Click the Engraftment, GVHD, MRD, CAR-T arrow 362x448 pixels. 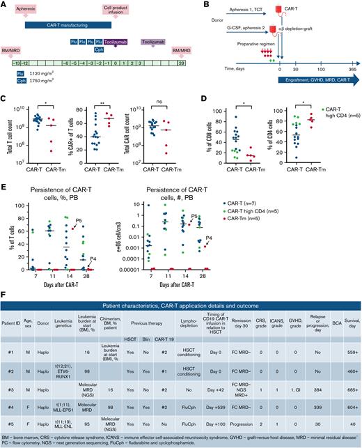click(x=312, y=82)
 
